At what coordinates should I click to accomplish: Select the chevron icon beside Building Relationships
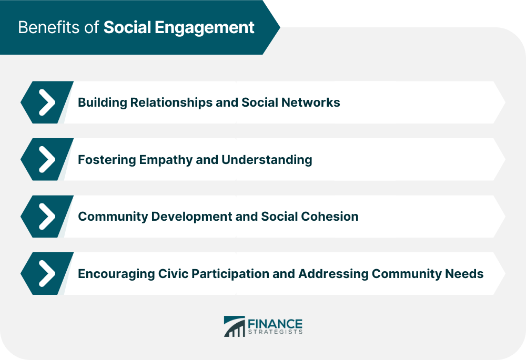(x=47, y=102)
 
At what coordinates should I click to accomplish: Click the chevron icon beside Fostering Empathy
(x=47, y=159)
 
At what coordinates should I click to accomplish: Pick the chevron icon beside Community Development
(x=47, y=216)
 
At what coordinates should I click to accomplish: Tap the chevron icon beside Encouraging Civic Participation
(x=47, y=273)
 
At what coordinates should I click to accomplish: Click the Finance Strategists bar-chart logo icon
(x=234, y=326)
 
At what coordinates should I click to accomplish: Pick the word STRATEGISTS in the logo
(x=276, y=332)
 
